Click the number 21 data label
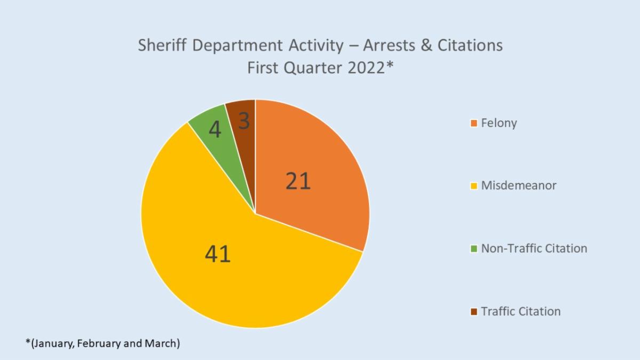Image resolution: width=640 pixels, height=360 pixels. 298,182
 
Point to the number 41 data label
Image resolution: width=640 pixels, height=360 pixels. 218,254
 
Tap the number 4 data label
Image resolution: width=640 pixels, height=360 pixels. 215,130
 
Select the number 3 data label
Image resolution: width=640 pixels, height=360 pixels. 243,122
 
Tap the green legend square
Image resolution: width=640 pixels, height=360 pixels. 473,249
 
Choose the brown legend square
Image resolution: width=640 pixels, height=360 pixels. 473,312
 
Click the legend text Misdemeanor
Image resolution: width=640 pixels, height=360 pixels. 518,186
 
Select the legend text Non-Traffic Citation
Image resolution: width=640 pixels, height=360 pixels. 534,248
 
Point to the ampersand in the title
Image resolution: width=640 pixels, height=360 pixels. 409,45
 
